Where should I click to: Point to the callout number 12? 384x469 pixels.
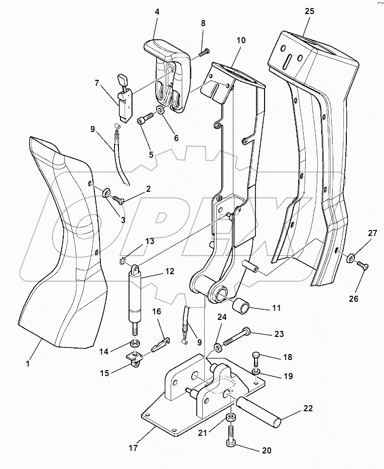pos(169,271)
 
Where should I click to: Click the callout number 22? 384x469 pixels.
pos(308,408)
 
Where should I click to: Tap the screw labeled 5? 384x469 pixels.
pos(145,120)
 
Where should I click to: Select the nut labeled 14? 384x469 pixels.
pos(134,344)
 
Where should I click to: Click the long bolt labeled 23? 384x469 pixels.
pos(236,339)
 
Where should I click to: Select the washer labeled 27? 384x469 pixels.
pos(349,259)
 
